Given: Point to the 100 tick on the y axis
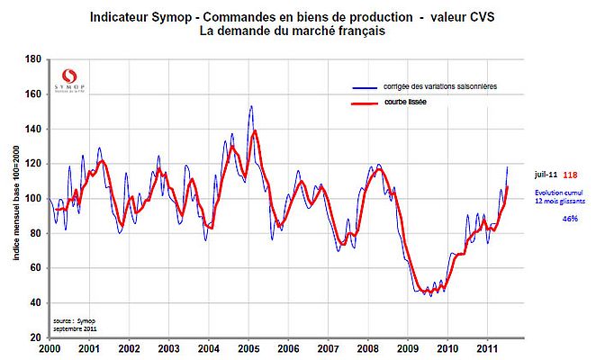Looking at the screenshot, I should pos(33,198).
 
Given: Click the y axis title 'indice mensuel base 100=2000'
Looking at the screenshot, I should pos(15,199).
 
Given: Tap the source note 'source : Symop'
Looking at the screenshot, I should pos(77,319).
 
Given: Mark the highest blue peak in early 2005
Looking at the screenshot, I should pos(250,106).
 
